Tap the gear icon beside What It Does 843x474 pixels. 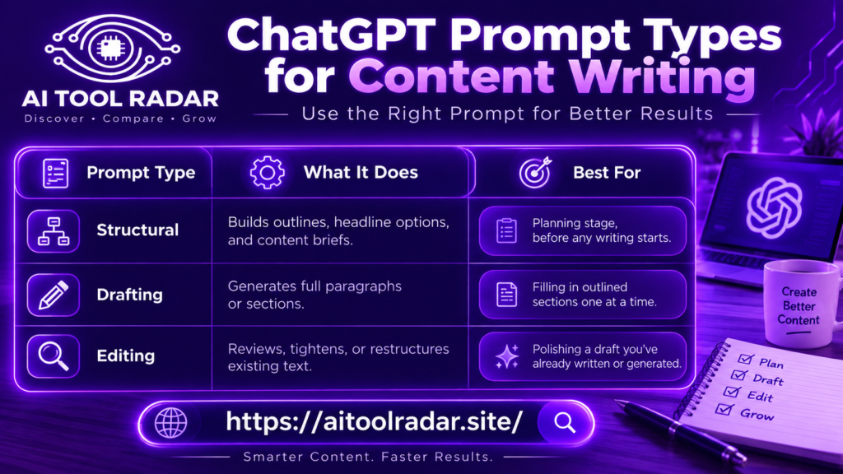268,173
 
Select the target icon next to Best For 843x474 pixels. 535,173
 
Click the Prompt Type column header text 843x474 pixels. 141,173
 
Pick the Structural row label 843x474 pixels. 137,230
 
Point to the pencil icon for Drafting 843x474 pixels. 54,295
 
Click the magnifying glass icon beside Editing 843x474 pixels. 54,356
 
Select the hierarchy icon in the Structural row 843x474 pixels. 54,231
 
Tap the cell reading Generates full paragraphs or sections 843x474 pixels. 314,295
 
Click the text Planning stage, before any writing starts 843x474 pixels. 602,230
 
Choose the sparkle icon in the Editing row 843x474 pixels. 507,356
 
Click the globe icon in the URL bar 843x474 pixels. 171,423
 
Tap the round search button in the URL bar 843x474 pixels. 565,423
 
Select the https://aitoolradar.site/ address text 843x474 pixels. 375,422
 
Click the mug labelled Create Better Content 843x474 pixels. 801,304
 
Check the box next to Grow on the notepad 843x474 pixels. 724,409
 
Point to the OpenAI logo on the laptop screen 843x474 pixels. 774,207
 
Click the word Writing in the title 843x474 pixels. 663,78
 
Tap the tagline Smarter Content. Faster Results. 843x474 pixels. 368,457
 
